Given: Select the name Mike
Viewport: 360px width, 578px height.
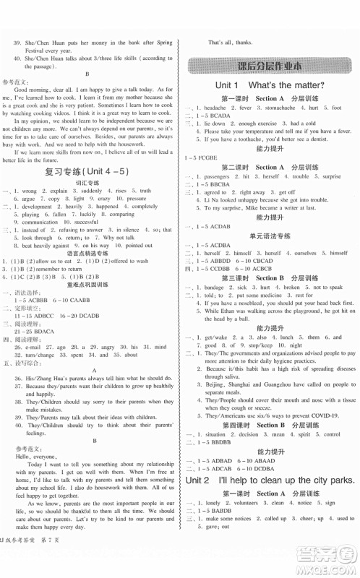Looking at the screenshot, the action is coord(259,207).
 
